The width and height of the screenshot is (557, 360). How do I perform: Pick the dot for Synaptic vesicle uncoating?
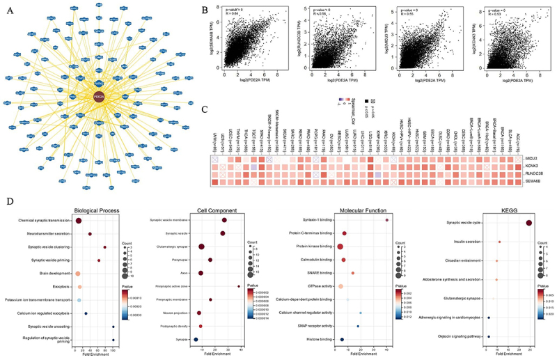click(113, 327)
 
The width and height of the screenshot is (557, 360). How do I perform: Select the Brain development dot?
click(79, 274)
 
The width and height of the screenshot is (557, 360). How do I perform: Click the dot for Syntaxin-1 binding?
click(386, 221)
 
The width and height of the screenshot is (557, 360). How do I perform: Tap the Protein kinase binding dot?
click(340, 246)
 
